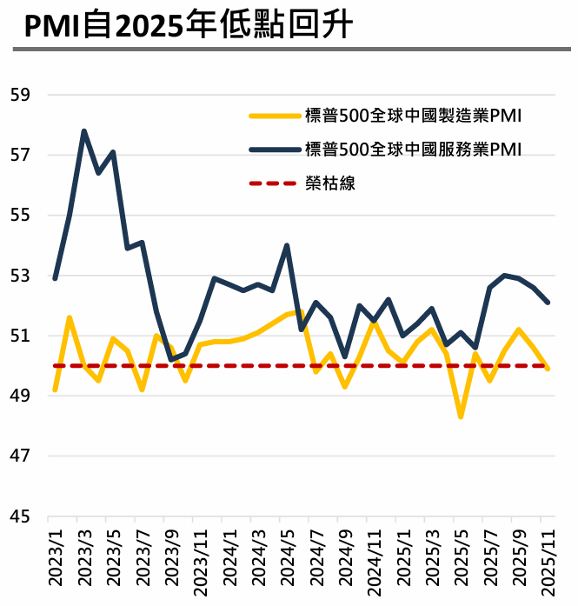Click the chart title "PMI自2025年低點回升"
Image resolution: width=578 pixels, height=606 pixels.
pyautogui.click(x=188, y=25)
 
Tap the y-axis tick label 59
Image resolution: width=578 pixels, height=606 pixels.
pyautogui.click(x=20, y=95)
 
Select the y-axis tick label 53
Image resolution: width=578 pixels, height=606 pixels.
pyautogui.click(x=20, y=276)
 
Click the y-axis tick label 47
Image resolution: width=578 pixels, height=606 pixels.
pyautogui.click(x=20, y=456)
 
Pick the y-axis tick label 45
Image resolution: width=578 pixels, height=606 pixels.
pyautogui.click(x=20, y=516)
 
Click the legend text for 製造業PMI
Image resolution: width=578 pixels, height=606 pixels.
pyautogui.click(x=413, y=115)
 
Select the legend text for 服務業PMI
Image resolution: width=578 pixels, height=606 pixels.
pyautogui.click(x=413, y=149)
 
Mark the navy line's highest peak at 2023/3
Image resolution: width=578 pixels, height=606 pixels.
pyautogui.click(x=84, y=131)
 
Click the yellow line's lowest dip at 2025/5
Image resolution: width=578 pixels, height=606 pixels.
pyautogui.click(x=461, y=416)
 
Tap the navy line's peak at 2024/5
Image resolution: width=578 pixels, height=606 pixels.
pyautogui.click(x=287, y=246)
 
